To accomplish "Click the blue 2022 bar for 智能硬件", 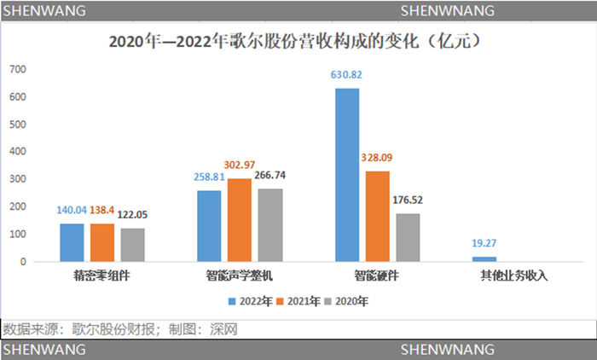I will [346, 175].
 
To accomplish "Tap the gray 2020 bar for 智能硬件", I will [408, 237].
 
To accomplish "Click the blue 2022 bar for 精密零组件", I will [72, 242].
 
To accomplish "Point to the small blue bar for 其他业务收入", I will [484, 258].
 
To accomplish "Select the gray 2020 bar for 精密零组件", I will [133, 245].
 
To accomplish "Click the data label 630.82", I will [347, 75].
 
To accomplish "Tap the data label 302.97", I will [240, 165].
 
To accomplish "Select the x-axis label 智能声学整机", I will [240, 276].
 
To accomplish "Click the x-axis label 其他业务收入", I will [514, 276].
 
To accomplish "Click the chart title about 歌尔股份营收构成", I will [298, 41].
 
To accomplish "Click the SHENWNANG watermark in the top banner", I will [447, 10].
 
